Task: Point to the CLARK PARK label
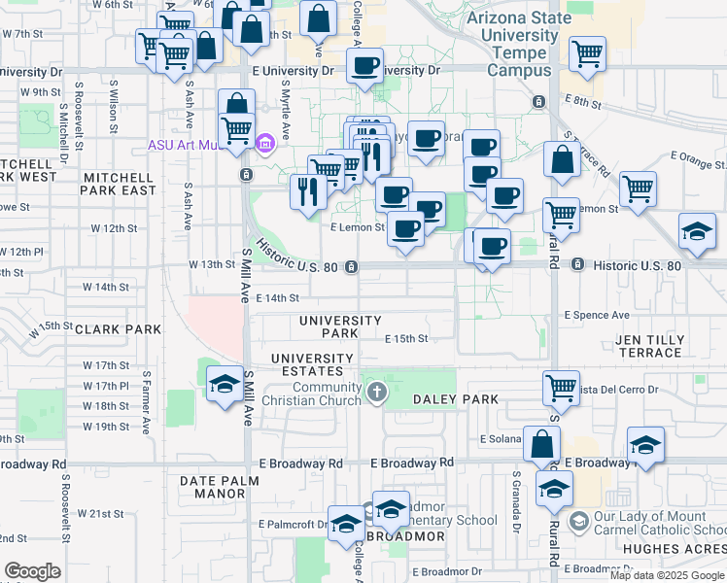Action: (122, 329)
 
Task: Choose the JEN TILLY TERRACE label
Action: (650, 346)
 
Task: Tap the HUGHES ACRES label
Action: (675, 549)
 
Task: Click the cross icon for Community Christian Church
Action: (377, 394)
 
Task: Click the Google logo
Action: (33, 571)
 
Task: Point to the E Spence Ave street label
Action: (597, 316)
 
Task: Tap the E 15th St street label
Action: (406, 339)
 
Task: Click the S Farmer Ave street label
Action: (147, 401)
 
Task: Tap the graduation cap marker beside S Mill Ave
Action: (225, 384)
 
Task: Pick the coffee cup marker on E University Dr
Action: (364, 66)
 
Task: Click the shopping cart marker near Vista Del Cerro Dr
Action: (561, 388)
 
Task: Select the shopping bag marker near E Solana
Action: (541, 444)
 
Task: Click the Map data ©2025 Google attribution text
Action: (668, 575)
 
